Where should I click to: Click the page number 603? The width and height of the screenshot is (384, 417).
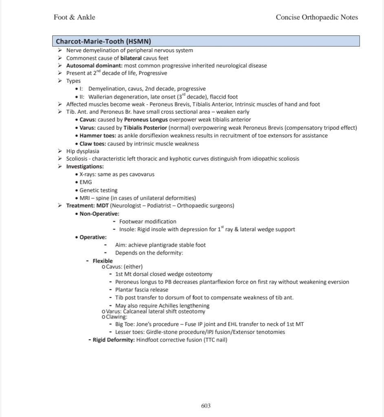click(206, 406)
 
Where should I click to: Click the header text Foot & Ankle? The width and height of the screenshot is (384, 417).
click(74, 17)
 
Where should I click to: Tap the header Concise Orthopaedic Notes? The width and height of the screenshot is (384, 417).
click(317, 17)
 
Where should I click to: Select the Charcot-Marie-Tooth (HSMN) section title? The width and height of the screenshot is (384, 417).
click(104, 41)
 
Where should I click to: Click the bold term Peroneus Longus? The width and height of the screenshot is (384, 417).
click(143, 120)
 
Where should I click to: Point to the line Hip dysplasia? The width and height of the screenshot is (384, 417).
click(83, 151)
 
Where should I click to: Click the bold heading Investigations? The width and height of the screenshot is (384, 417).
click(85, 167)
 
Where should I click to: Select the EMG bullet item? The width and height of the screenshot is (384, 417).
click(86, 182)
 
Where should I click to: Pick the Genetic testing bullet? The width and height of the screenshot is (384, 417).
click(98, 190)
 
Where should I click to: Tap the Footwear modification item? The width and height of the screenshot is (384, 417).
click(148, 221)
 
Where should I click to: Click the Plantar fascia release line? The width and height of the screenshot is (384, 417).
click(141, 290)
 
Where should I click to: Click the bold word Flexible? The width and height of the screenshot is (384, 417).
click(103, 261)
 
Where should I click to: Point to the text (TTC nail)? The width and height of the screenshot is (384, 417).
click(215, 340)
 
